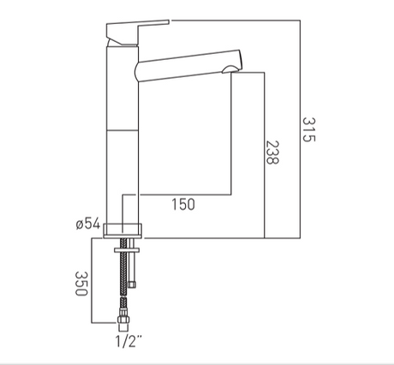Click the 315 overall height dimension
tap(308, 129)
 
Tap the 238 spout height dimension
tap(272, 153)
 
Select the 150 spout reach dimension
tap(183, 205)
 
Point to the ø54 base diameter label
tap(88, 224)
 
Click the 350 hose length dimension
tap(81, 284)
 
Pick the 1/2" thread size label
tap(128, 341)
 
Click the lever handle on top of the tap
tap(137, 32)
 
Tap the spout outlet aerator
tap(230, 69)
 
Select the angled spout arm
tap(189, 66)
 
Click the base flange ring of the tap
tap(122, 230)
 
